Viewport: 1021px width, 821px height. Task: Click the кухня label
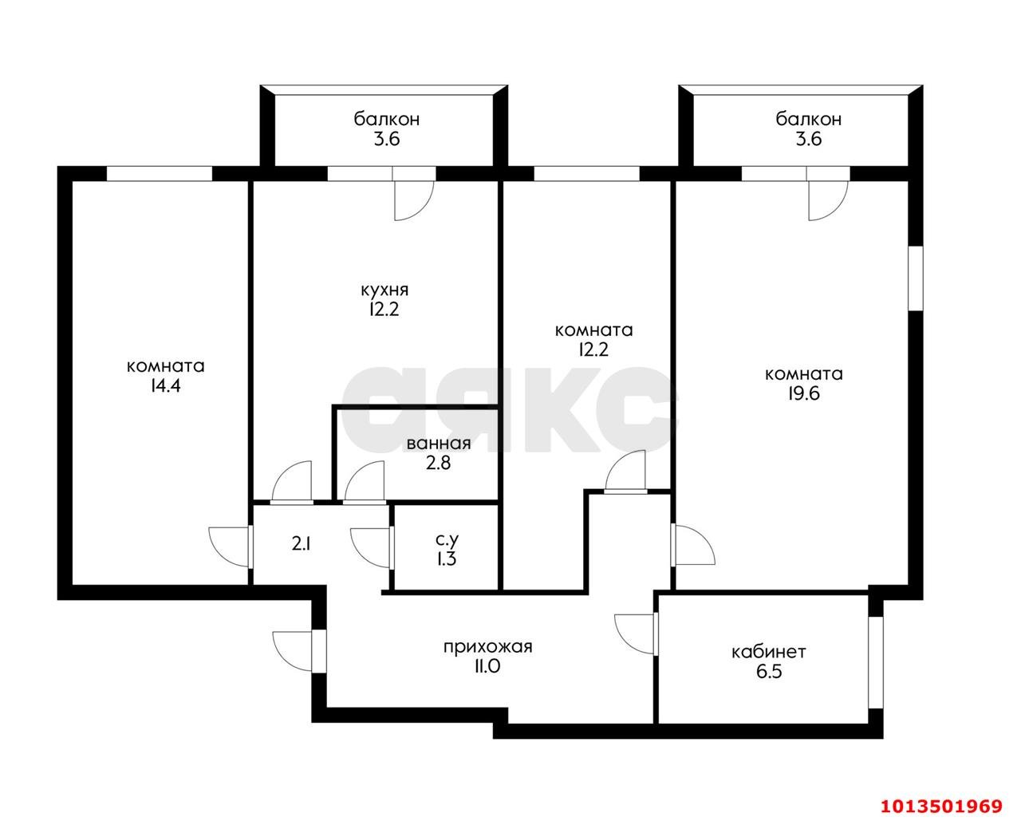pos(384,290)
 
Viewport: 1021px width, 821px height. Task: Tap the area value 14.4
pos(166,386)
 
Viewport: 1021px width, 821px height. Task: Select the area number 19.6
pos(804,393)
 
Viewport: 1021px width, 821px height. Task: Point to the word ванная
pos(439,444)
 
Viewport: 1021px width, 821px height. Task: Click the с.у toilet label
pos(447,539)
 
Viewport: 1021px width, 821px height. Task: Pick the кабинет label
pos(769,652)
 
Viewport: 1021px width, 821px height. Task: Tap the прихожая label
pos(487,647)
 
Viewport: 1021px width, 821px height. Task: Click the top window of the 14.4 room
pos(160,174)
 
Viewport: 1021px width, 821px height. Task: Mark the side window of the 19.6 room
pos(916,278)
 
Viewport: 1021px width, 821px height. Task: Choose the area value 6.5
pos(769,672)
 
